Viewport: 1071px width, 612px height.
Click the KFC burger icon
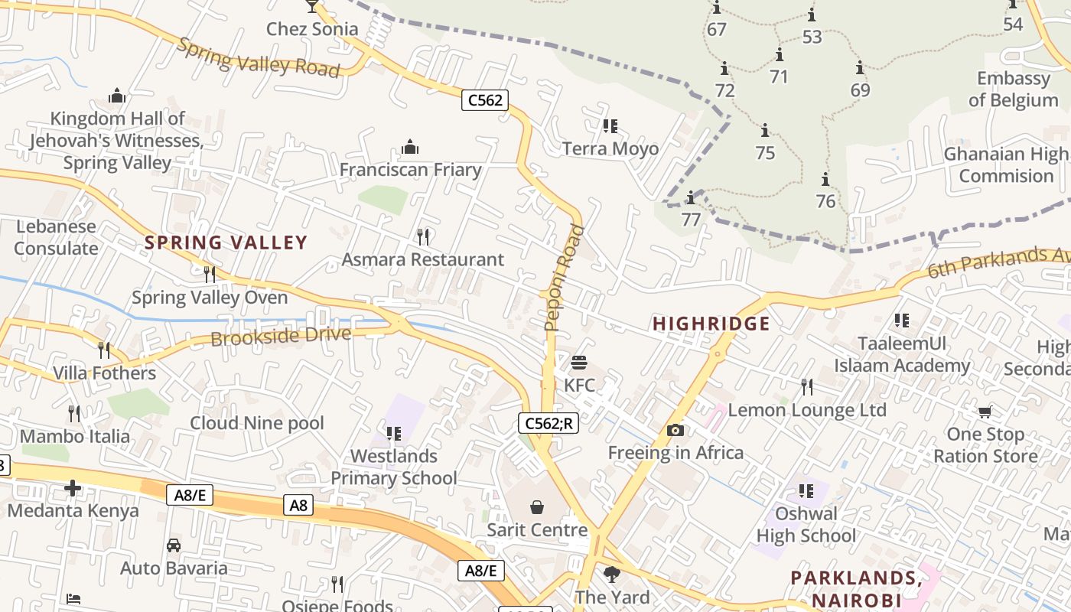[x=579, y=362]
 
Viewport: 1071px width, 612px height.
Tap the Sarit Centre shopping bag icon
[x=537, y=506]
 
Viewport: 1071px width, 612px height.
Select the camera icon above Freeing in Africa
[x=675, y=430]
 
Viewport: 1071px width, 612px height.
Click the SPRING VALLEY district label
[x=226, y=243]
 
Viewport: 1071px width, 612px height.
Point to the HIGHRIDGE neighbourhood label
[x=711, y=324]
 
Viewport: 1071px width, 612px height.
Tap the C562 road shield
[x=485, y=99]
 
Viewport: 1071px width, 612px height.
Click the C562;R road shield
[x=548, y=423]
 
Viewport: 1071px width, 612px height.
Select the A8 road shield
[x=299, y=504]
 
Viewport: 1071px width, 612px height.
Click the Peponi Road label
[x=564, y=278]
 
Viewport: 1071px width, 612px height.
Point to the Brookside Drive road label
[x=281, y=336]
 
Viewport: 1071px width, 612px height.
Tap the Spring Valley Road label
[x=258, y=57]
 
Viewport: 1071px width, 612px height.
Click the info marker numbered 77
[x=690, y=198]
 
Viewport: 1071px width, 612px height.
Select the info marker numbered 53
[x=811, y=15]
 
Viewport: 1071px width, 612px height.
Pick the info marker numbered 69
[x=860, y=68]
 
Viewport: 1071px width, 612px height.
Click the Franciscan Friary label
[x=410, y=170]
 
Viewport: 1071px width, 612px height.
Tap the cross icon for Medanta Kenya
[x=73, y=487]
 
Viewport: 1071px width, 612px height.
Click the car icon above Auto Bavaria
[x=174, y=545]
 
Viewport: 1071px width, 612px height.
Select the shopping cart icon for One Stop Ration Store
[x=985, y=412]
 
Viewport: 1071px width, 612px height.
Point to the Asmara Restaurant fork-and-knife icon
[x=422, y=236]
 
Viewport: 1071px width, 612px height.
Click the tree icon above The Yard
[x=611, y=574]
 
